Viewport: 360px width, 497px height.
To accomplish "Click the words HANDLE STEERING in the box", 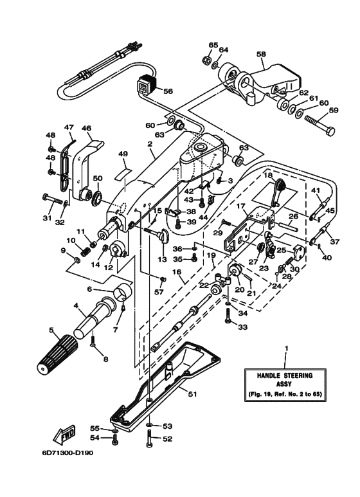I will click(285, 374).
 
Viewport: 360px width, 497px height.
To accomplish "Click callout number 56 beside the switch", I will click(168, 91).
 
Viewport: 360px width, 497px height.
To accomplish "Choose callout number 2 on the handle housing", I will click(149, 145).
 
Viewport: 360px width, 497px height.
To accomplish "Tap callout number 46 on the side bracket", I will click(86, 129).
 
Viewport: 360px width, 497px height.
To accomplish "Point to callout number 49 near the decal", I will click(123, 154).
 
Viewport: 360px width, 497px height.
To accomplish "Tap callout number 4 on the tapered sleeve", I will click(75, 305).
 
